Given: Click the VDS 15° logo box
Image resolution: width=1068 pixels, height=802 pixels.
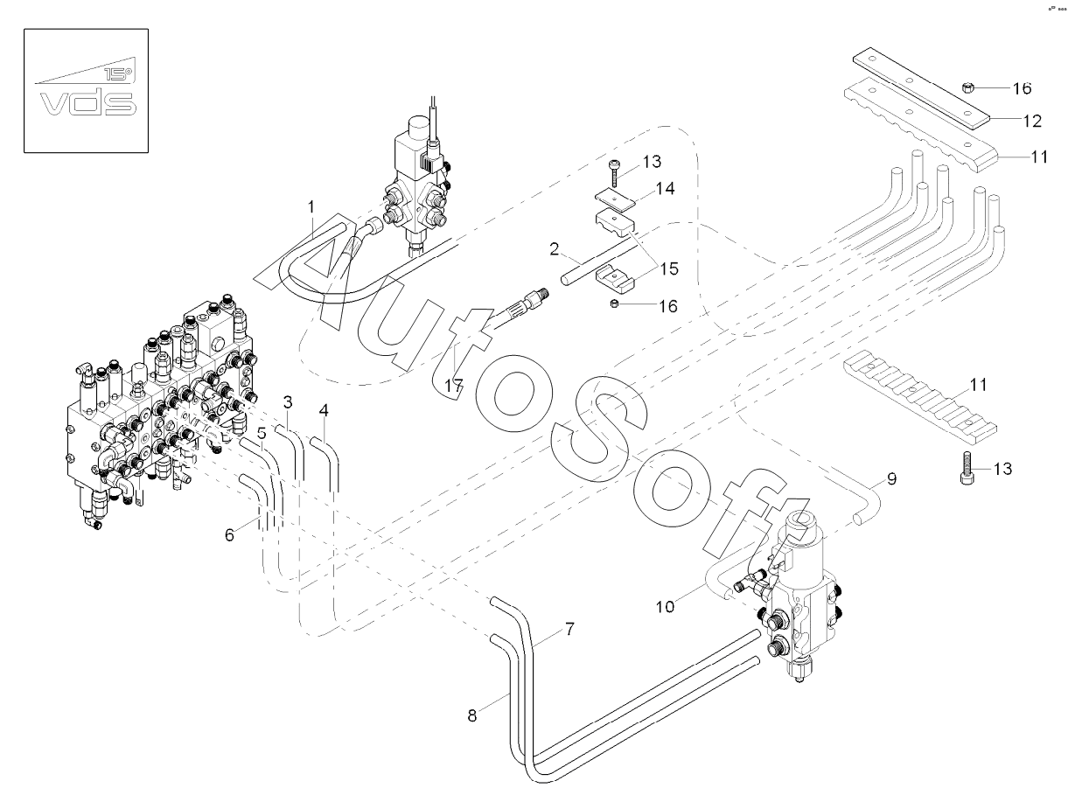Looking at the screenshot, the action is tap(86, 90).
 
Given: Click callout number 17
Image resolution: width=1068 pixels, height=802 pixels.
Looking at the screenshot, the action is tap(454, 387).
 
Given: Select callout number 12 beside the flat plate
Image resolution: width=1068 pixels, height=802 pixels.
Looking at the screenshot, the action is tap(1032, 121).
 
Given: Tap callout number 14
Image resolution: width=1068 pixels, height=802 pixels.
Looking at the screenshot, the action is tap(665, 188).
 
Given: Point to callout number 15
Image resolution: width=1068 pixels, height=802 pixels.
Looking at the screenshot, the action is tap(669, 268).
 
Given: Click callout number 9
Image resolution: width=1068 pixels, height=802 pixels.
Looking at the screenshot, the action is tap(891, 479).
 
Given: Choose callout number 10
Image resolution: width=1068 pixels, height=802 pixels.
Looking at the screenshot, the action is tap(665, 606).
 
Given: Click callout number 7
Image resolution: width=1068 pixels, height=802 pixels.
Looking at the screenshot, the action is tap(569, 630).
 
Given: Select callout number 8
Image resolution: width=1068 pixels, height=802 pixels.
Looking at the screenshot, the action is tap(472, 716).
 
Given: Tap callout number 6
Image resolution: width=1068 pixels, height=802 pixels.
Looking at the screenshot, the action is tap(230, 535).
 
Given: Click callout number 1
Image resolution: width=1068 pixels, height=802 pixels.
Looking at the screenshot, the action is tap(311, 207).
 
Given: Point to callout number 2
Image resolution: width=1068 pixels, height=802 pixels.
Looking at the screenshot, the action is tap(555, 249).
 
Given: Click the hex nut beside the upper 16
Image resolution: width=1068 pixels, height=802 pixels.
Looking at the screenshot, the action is tap(968, 87).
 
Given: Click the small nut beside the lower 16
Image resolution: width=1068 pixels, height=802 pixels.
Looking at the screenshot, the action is tap(615, 304).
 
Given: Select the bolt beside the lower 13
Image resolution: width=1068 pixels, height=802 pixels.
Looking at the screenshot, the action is tap(967, 467).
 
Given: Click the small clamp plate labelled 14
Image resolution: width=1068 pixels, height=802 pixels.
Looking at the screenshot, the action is tap(616, 199).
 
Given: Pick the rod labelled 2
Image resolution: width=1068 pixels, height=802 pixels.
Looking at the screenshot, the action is tap(600, 263).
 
